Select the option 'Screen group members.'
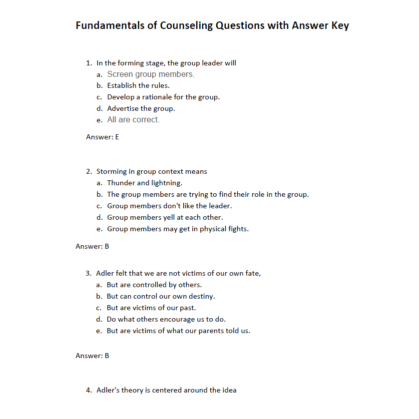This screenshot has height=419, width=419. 150,74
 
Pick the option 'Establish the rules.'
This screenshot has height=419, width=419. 138,85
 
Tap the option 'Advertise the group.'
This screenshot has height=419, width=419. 141,108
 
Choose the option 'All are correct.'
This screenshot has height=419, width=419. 133,120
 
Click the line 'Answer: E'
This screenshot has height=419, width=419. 102,137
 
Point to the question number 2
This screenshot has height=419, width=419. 88,171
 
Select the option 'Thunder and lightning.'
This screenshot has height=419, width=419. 144,183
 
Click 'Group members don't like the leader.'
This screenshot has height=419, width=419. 169,206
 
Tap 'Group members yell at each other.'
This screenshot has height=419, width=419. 165,217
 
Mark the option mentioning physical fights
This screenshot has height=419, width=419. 178,229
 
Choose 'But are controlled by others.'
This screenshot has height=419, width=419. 154,285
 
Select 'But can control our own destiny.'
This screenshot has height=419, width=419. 161,296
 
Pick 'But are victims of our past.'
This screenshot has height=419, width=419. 151,308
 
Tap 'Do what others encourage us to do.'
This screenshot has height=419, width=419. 166,319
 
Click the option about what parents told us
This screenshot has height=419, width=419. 178,331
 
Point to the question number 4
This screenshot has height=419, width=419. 88,390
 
